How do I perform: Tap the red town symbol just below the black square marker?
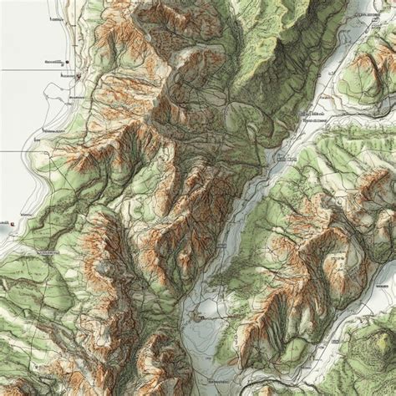tap(77, 76)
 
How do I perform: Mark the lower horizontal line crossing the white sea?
tap(17, 151)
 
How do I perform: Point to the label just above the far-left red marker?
tap(22, 215)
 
